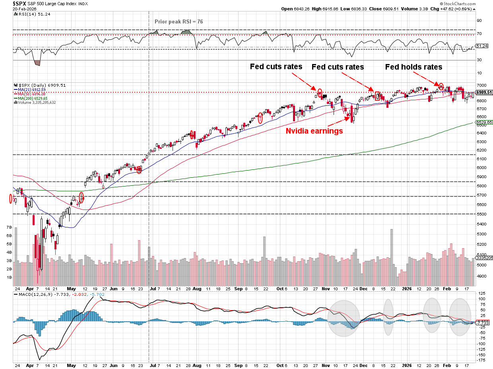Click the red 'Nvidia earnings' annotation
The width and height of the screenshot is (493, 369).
[314, 131]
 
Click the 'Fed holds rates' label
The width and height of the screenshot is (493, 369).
[413, 67]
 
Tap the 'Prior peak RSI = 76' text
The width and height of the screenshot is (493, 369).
[179, 21]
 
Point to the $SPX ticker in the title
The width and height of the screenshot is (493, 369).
[19, 3]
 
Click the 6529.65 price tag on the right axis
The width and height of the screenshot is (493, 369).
[485, 122]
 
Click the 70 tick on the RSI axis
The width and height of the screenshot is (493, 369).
[479, 35]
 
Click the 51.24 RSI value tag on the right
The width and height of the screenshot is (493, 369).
[482, 46]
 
